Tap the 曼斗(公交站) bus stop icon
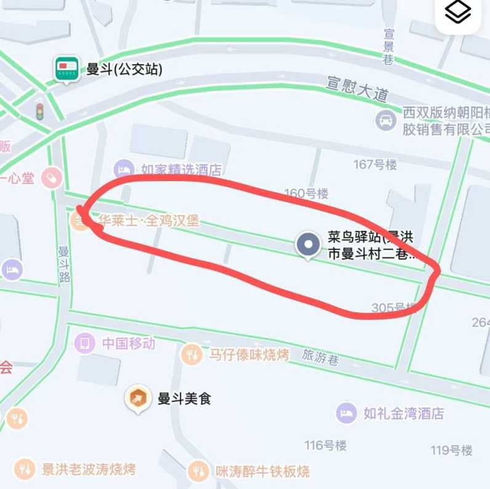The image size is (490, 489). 66,68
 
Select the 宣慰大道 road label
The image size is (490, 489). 358,89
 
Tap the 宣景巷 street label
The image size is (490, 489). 388,46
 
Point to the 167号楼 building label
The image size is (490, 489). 375,164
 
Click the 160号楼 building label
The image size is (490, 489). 306,193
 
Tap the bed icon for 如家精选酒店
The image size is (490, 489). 124,169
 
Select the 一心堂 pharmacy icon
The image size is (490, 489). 52,178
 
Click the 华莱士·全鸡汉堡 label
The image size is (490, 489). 148,220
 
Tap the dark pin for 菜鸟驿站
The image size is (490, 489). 307,244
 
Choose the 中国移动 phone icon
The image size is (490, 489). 84,342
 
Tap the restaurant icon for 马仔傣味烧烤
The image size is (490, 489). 191,354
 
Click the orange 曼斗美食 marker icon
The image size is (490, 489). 137,398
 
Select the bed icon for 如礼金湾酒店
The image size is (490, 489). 347,413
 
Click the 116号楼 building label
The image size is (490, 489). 326,445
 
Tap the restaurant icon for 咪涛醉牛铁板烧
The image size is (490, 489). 198,471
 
